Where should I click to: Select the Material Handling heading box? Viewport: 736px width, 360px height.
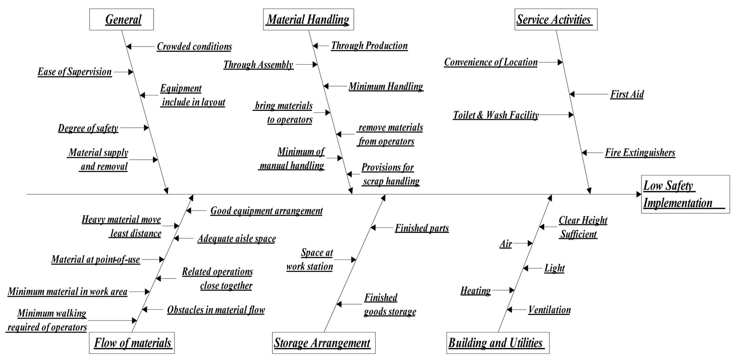(308, 20)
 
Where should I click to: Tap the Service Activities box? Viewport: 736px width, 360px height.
(554, 20)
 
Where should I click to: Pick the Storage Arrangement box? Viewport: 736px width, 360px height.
(322, 343)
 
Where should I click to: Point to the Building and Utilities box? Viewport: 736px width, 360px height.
(496, 343)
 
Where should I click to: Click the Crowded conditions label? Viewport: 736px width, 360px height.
(194, 47)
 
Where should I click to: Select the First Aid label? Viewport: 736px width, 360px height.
(627, 95)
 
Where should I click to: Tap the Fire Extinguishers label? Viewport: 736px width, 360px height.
(640, 152)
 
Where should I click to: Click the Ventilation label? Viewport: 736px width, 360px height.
(549, 310)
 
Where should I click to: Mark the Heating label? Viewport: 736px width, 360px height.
(476, 291)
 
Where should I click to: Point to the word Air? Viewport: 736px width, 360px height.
(506, 244)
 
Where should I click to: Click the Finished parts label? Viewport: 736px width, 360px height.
(422, 228)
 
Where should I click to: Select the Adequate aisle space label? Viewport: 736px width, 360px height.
(236, 239)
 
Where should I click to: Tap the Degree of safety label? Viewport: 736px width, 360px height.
(88, 128)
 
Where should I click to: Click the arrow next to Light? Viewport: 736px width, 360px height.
(531, 268)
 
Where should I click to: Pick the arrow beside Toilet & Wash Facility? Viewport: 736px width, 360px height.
(557, 115)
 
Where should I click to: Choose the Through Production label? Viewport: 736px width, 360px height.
(369, 46)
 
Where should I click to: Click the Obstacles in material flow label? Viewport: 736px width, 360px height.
(216, 310)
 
